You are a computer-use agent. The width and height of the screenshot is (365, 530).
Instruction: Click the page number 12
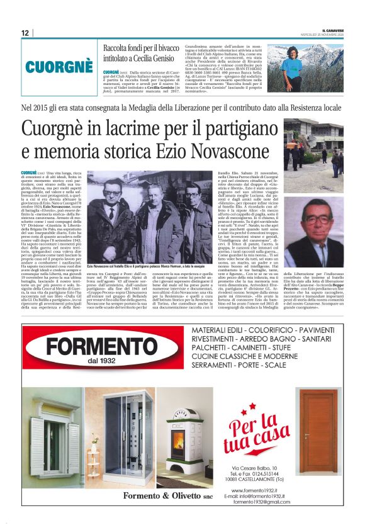click(x=25, y=33)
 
